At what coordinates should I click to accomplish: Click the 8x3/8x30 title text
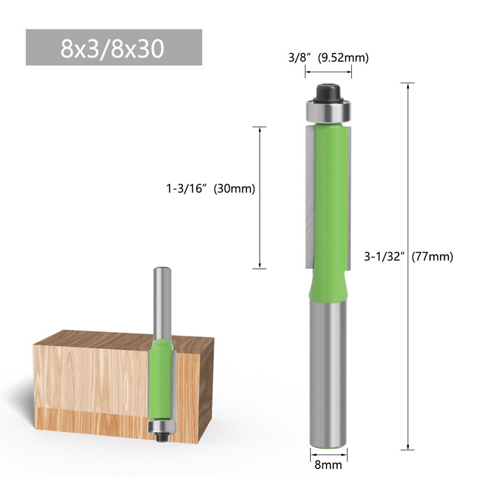pos(113,48)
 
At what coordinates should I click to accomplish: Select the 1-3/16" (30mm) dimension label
pos(210,189)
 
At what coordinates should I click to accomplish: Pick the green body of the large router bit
pos(329,201)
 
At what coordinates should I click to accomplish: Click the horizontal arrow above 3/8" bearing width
pos(329,72)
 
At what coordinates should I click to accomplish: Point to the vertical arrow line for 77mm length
pos(407,334)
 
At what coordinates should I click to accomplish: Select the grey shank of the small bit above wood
pos(160,301)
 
